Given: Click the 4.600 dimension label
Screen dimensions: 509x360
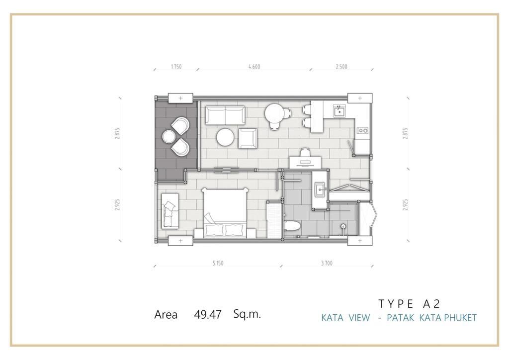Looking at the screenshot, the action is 254,67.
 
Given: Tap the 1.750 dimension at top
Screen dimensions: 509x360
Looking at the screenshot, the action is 176,67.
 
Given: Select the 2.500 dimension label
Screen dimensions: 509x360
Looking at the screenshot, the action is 341,67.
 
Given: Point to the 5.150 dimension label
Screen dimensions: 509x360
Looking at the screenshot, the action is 218,263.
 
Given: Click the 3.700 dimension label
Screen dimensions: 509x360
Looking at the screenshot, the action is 327,263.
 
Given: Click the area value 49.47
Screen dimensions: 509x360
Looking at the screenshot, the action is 208,314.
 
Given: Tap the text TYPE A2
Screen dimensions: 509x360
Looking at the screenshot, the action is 409,303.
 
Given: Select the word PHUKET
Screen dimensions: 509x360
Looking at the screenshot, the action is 460,317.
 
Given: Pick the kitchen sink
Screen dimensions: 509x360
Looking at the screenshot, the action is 339,111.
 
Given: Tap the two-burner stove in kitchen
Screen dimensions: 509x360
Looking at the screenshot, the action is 362,130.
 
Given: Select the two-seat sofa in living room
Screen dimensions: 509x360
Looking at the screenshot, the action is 225,115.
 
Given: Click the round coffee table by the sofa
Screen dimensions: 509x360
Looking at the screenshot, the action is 225,137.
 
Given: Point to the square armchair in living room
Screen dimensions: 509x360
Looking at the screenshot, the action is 248,138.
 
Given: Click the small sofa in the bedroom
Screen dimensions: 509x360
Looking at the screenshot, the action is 170,211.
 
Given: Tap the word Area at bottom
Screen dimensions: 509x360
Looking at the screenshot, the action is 166,315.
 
